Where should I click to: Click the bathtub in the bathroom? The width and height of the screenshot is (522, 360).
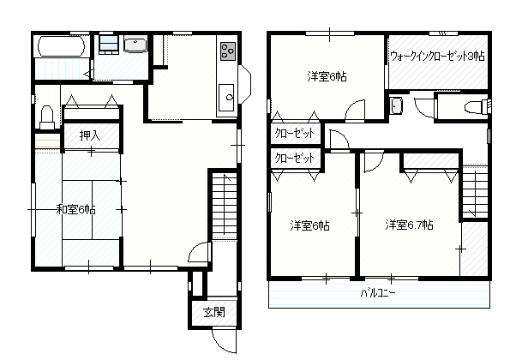[61, 46]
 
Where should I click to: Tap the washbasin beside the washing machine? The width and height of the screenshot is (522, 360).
[135, 45]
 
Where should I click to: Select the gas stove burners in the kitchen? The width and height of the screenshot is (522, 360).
[228, 51]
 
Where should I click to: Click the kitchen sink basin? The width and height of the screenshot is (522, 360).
[226, 97]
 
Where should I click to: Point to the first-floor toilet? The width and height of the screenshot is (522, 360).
[47, 117]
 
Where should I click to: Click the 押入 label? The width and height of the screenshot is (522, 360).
[90, 135]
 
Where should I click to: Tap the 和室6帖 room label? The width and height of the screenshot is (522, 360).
[76, 210]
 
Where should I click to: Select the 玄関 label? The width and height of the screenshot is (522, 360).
[214, 312]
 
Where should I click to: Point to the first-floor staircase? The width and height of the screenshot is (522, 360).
[225, 205]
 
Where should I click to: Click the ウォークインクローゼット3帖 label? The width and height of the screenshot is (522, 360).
[437, 56]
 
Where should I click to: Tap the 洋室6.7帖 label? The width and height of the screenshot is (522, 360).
[409, 225]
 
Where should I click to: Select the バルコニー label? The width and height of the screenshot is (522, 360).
[378, 293]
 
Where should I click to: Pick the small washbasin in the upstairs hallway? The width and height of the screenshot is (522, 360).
[396, 105]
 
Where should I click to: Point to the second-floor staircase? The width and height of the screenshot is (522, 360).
[475, 191]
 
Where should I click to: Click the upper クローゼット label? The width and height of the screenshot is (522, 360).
[294, 134]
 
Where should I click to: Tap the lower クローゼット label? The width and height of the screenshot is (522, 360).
[294, 158]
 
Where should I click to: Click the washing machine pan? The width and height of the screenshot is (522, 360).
[109, 45]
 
